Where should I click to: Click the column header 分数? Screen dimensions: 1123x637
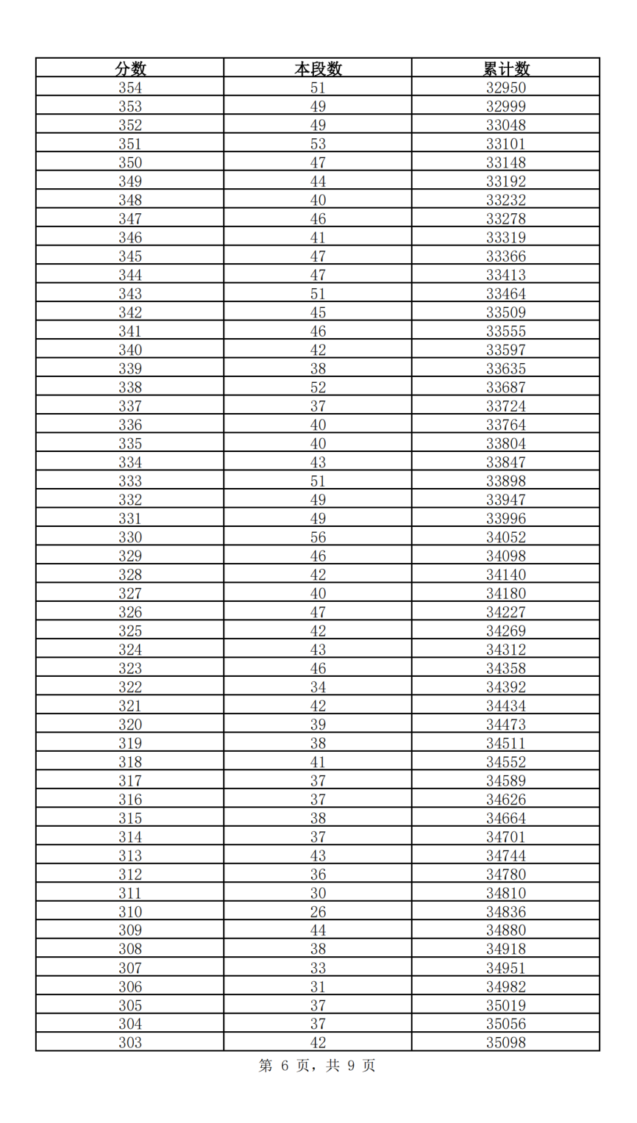tap(130, 69)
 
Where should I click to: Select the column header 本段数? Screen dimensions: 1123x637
tap(318, 69)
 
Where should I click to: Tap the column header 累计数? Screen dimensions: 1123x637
tap(506, 69)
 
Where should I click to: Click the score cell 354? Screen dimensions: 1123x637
tap(130, 88)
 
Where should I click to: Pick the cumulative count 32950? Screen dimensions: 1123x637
tap(506, 88)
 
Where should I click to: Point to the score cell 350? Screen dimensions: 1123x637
tap(130, 163)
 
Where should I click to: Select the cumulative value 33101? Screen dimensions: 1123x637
tap(506, 144)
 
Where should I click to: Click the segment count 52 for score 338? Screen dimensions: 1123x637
tap(318, 387)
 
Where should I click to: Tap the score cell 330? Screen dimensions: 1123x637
tap(130, 537)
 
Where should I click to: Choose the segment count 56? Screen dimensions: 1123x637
tap(318, 537)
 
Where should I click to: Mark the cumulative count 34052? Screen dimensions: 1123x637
tap(506, 537)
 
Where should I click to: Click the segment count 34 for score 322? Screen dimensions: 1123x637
tap(318, 687)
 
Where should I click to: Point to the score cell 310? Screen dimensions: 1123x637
tap(130, 912)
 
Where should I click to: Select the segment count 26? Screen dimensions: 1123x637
tap(318, 912)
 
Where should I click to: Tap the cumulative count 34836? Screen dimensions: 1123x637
tap(506, 912)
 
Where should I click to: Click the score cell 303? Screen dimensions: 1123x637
tap(130, 1043)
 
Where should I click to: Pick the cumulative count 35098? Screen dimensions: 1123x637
tap(506, 1043)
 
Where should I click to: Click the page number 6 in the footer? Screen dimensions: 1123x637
tap(285, 1066)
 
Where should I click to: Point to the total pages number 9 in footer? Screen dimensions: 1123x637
tap(351, 1066)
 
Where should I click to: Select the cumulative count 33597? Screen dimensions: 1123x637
tap(506, 350)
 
